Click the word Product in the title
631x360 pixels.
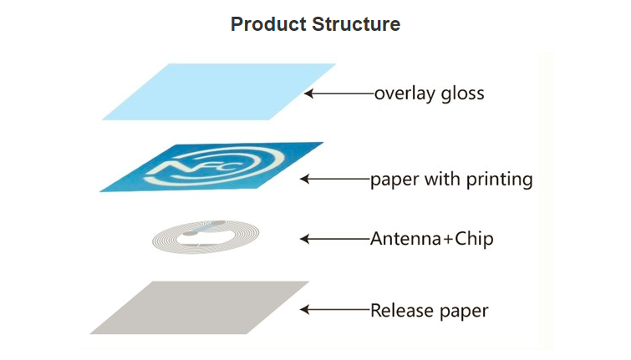(268, 24)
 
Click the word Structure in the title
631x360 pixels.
(356, 24)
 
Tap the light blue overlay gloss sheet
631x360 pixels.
(219, 92)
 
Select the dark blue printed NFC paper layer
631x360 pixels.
(211, 167)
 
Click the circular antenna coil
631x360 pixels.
(206, 237)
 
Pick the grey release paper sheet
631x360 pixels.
(200, 307)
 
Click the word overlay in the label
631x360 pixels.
(405, 94)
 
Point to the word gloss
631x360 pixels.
(463, 94)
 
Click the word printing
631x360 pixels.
(500, 180)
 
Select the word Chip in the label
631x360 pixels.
(474, 239)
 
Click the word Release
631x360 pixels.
(403, 311)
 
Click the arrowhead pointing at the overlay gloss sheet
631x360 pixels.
(308, 94)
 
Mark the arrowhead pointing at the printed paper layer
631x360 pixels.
(305, 179)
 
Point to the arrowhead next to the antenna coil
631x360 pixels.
(305, 239)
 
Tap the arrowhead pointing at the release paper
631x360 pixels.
(305, 310)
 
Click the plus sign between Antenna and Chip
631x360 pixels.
(448, 240)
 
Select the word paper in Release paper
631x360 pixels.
(464, 312)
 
